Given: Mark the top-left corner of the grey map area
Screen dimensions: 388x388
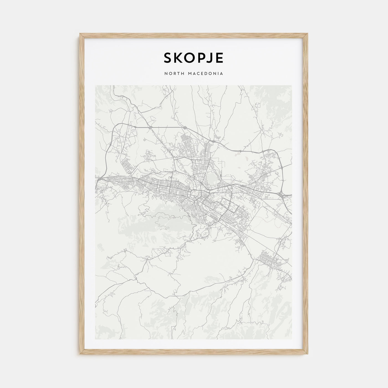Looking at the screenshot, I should point(95,86).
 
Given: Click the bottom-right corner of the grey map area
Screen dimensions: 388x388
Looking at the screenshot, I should point(292,339).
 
